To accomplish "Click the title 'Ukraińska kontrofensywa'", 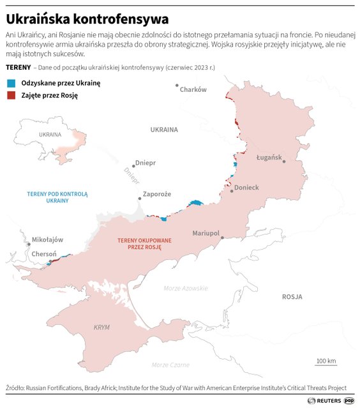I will click(87, 19).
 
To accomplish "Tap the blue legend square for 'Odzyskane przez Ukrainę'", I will click(10, 83).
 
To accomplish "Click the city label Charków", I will click(193, 90).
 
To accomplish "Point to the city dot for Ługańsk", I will click(284, 162).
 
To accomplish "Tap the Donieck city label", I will click(246, 188).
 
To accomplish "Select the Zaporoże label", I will click(157, 194).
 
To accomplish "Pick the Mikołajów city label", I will click(48, 240).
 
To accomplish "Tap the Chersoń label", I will click(44, 253).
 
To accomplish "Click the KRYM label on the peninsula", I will click(101, 327).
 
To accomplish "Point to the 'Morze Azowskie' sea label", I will click(186, 289).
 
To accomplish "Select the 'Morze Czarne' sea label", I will click(170, 365).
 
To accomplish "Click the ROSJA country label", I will click(292, 297).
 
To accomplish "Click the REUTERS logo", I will click(324, 401).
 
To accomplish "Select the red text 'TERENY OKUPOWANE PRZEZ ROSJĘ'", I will click(136, 244).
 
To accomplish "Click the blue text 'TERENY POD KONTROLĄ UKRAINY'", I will click(57, 197).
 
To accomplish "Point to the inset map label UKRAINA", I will click(50, 135).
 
